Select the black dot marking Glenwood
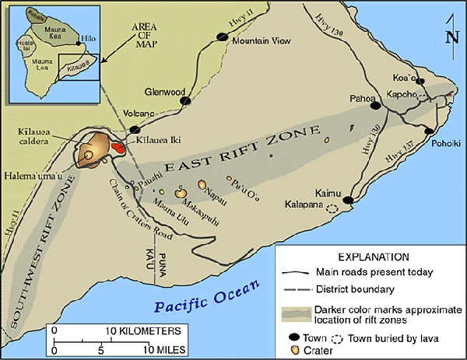coord(184,100)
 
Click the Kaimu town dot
coord(349,201)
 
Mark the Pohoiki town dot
coord(428,132)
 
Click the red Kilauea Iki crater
coord(118,146)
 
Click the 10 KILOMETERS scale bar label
coord(136,330)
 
